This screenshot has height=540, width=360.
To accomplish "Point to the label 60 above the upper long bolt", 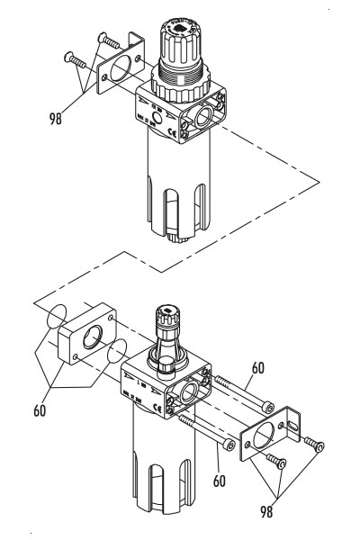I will [x=258, y=367].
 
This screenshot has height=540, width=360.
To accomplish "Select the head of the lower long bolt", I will [x=232, y=445].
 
